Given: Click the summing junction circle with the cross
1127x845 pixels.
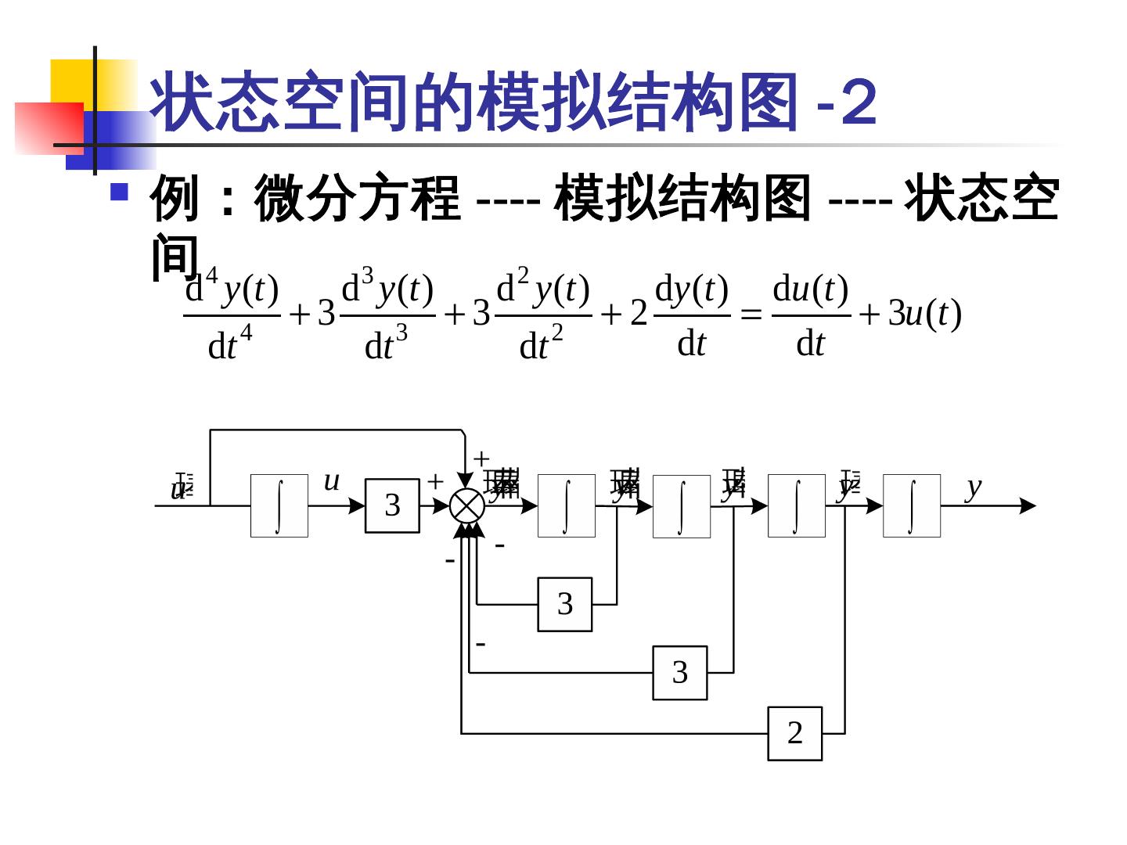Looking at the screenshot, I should click(467, 505).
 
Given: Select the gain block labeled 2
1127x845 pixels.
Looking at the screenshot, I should click(794, 733).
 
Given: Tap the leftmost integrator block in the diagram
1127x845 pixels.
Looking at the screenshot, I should click(279, 505).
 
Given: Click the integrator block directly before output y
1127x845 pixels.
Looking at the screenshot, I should click(911, 505).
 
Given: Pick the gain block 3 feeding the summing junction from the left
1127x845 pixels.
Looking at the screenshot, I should click(392, 505).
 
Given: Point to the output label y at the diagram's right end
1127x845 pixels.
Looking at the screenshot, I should click(973, 487).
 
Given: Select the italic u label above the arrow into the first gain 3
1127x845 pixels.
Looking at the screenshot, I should click(331, 480).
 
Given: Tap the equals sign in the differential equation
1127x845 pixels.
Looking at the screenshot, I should click(751, 315).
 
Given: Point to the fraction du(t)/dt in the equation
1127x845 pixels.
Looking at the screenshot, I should click(810, 315).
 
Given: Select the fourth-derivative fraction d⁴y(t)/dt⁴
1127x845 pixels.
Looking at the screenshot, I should click(232, 315).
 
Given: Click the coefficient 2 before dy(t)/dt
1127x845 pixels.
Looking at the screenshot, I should click(639, 314).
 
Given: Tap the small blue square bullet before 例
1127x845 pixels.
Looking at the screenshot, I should click(119, 192).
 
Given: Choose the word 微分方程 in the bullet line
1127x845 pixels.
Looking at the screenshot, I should click(357, 199).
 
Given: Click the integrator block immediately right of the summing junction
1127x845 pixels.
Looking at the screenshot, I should click(566, 505).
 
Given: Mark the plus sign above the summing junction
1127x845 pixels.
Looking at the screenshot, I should click(481, 458).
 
